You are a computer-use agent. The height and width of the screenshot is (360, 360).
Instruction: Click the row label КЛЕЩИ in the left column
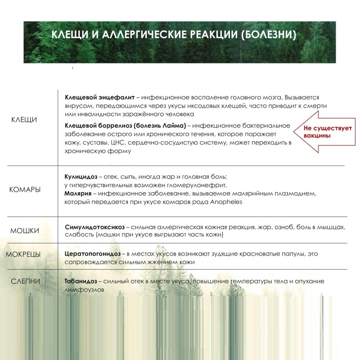pos(24,120)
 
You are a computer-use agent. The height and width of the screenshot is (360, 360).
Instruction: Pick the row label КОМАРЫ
pos(25,189)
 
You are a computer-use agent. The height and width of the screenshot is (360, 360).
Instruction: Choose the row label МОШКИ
pos(24,231)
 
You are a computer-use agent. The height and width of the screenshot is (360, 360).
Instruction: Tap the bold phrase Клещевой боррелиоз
pos(94,126)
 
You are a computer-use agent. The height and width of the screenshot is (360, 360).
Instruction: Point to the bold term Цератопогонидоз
pos(93,254)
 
